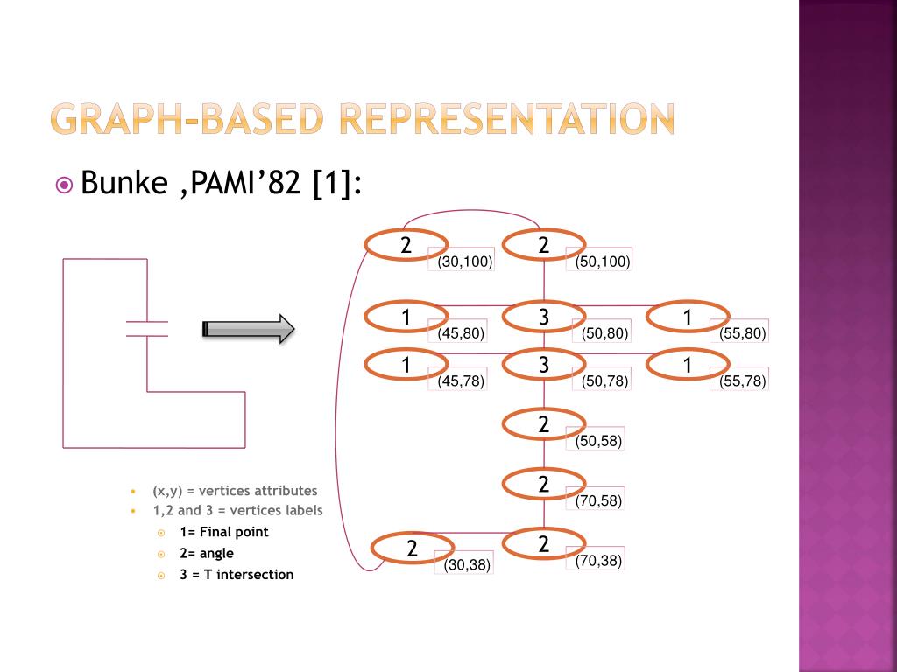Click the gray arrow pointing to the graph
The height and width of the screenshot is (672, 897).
click(x=249, y=329)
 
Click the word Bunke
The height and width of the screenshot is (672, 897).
click(x=124, y=185)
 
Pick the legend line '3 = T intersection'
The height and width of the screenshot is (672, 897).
click(x=237, y=575)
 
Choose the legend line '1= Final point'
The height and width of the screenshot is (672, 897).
click(x=223, y=532)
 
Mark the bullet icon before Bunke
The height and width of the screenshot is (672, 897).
click(x=64, y=185)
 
